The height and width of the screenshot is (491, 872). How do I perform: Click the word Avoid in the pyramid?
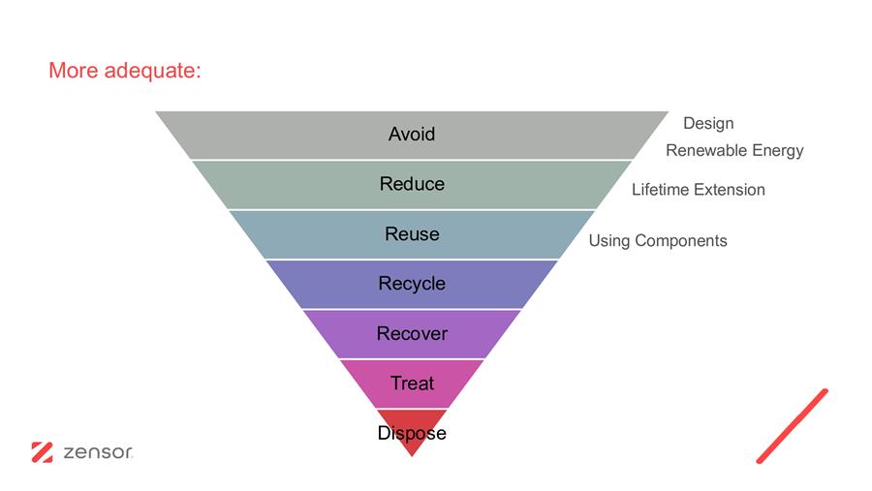click(x=412, y=134)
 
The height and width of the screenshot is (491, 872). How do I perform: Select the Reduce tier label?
click(x=412, y=184)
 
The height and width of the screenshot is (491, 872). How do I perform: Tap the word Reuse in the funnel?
click(x=412, y=234)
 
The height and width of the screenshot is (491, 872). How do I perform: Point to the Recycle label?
click(x=412, y=284)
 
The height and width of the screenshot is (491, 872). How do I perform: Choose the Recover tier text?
click(x=412, y=334)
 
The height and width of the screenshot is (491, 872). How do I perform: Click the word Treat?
click(x=412, y=384)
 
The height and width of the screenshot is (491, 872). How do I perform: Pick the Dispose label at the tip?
click(x=412, y=433)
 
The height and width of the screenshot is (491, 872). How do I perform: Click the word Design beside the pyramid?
click(x=708, y=123)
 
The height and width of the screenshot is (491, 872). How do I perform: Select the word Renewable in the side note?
click(x=706, y=150)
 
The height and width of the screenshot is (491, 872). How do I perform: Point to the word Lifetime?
click(x=660, y=190)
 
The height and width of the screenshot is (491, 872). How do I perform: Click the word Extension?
click(x=730, y=190)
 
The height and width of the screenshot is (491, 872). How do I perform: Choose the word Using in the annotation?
click(x=609, y=241)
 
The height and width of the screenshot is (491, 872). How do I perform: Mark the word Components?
click(x=681, y=241)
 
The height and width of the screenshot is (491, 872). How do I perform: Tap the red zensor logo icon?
click(x=43, y=452)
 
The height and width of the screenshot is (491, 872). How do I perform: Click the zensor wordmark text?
click(x=98, y=452)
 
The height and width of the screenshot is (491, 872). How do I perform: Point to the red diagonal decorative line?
click(x=792, y=426)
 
